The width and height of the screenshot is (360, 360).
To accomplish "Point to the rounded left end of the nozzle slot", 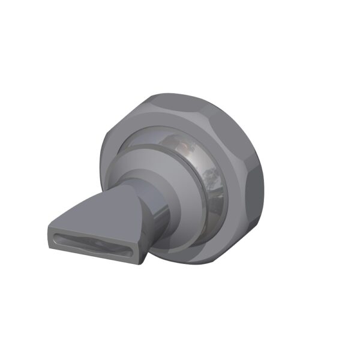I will coord(53,233).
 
